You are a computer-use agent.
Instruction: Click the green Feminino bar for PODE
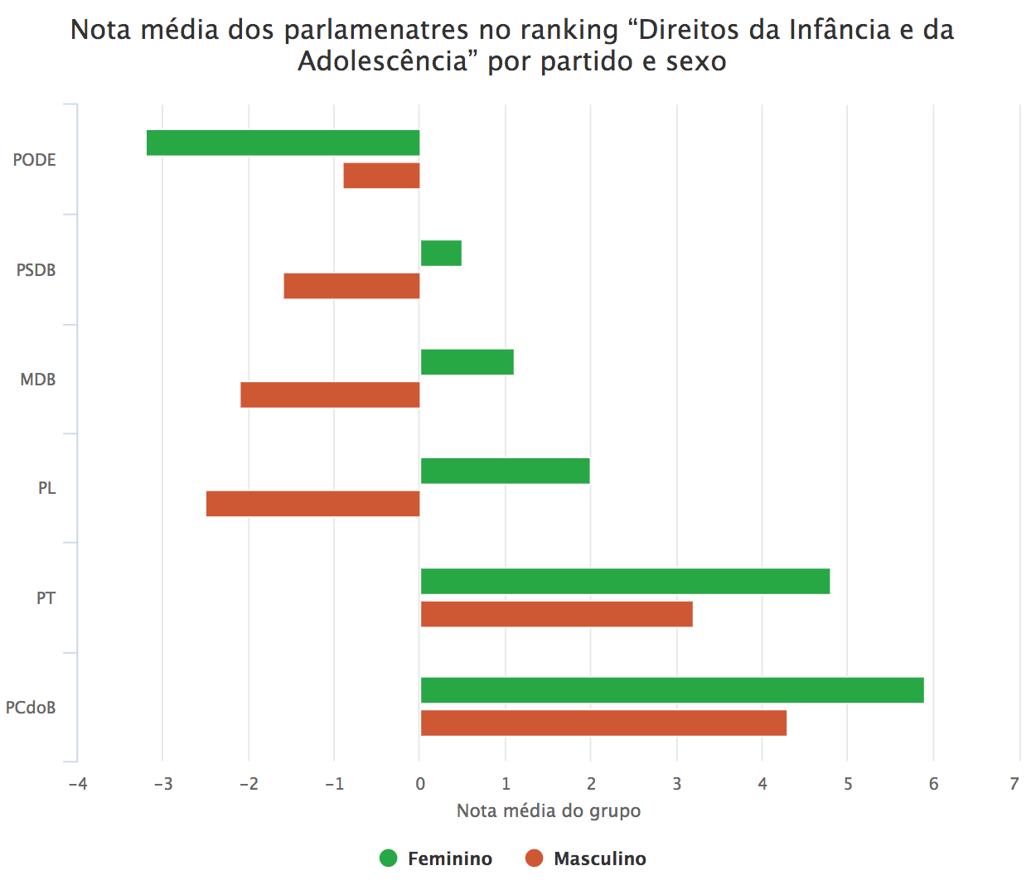click(x=283, y=143)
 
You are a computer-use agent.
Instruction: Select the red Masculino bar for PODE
click(x=381, y=176)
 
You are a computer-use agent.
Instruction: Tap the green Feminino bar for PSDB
click(x=441, y=253)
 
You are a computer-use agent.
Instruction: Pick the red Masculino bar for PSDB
click(x=351, y=286)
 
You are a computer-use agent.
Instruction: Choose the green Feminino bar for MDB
click(x=467, y=362)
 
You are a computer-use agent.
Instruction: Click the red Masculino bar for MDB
click(x=330, y=395)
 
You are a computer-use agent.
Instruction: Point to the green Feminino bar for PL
click(x=506, y=471)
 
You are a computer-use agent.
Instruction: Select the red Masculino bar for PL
click(x=312, y=504)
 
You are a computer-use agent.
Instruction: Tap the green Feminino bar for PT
click(x=625, y=581)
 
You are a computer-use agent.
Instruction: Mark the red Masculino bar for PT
click(x=556, y=614)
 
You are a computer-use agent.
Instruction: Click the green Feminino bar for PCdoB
click(x=672, y=690)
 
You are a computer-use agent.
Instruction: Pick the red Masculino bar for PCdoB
click(x=603, y=723)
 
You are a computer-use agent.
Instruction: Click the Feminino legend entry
click(x=436, y=858)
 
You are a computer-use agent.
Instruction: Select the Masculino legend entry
click(x=586, y=858)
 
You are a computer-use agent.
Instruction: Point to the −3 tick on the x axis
click(x=162, y=784)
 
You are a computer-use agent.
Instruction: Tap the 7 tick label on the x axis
click(x=1014, y=784)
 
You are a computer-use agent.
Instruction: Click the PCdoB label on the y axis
click(x=31, y=708)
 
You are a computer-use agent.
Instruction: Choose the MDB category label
click(x=38, y=380)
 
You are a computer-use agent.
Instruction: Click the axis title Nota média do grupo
click(x=549, y=810)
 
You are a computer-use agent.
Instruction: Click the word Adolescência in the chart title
click(x=383, y=61)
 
